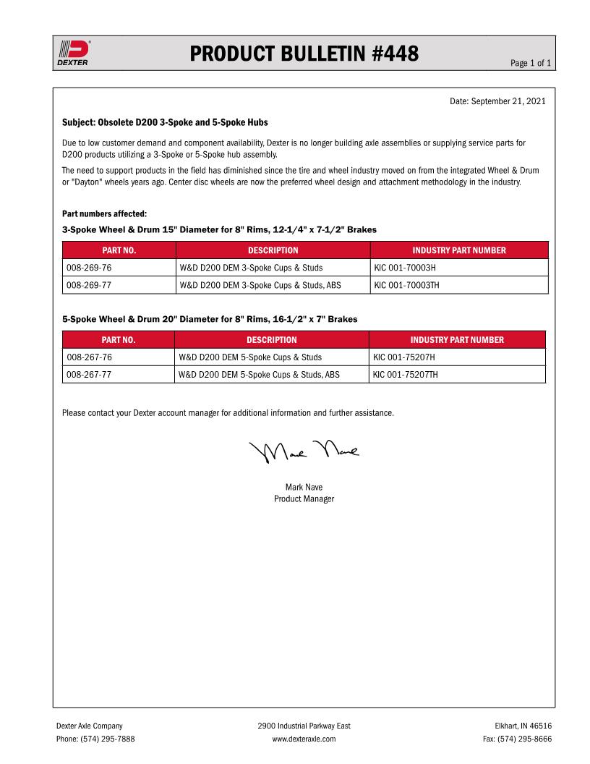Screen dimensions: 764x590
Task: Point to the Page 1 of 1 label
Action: (x=531, y=64)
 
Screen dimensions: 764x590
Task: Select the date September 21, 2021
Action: (x=508, y=101)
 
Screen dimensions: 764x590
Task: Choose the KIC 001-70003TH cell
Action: (x=407, y=285)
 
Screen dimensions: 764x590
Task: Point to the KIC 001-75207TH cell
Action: (x=406, y=375)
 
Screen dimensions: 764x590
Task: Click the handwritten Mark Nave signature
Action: (x=304, y=452)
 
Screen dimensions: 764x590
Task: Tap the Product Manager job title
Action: (x=304, y=499)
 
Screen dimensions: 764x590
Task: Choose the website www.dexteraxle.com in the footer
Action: (x=304, y=739)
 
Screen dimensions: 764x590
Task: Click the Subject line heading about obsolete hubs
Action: (x=165, y=122)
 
